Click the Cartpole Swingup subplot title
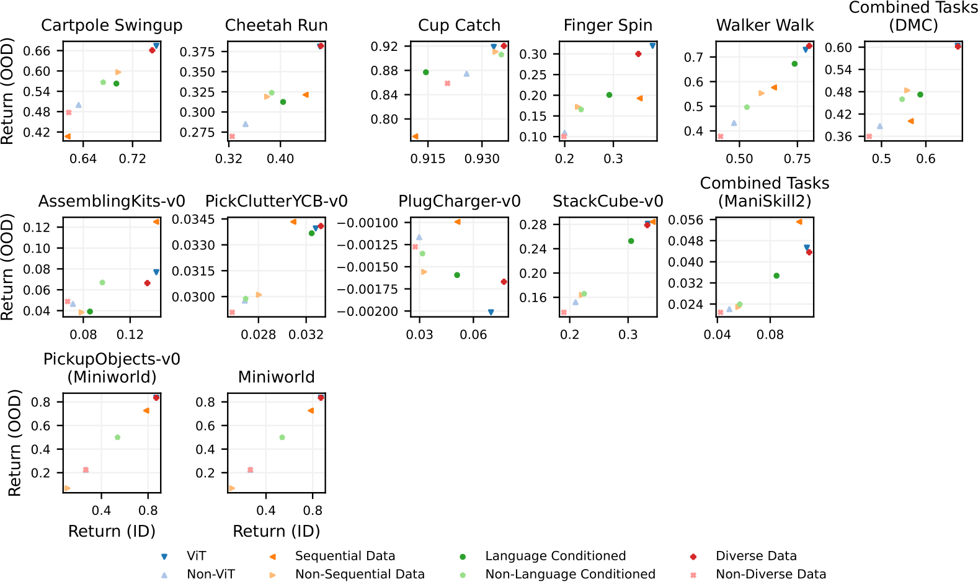[112, 25]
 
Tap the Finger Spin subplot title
[608, 25]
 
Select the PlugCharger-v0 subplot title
[459, 202]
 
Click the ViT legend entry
[196, 556]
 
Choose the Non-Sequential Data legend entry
[360, 575]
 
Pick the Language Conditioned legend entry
[555, 556]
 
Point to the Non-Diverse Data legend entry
[771, 575]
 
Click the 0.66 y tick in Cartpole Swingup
[37, 51]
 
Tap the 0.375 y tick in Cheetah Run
[197, 51]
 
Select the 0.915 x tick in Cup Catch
[428, 159]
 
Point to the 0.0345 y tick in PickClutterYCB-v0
[193, 219]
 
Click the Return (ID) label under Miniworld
[276, 531]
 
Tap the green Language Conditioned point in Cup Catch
[426, 73]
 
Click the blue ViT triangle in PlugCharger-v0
[491, 312]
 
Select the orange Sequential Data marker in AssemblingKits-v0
[156, 222]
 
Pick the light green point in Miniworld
[282, 437]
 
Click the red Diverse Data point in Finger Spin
[638, 54]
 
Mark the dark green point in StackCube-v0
[631, 241]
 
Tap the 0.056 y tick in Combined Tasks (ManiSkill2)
[686, 220]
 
